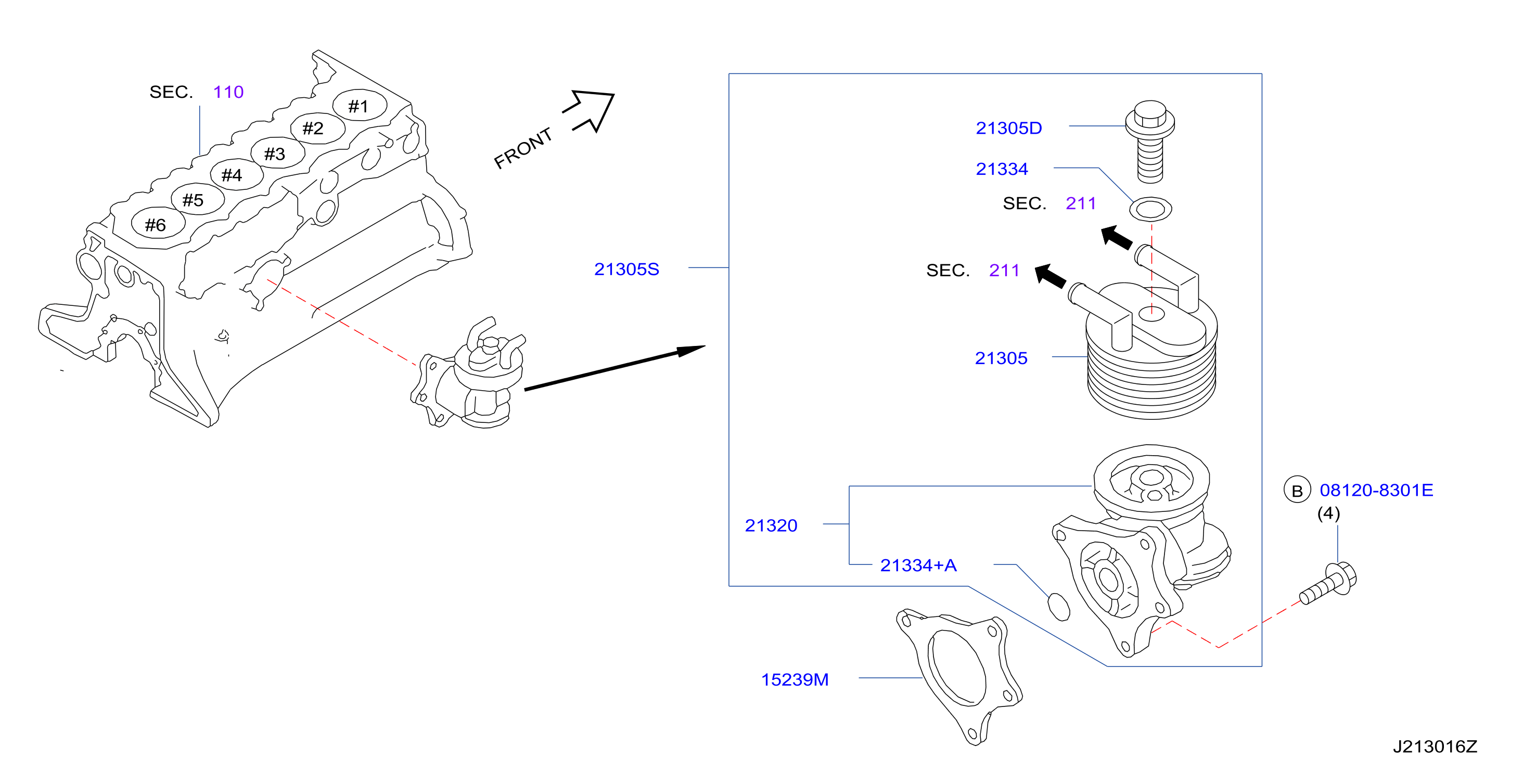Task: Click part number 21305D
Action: point(1008,128)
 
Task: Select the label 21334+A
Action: point(918,565)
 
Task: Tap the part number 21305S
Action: point(626,269)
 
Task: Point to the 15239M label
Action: point(795,679)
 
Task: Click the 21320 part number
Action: point(771,525)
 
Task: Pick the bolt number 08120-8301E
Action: point(1376,490)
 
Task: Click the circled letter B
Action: point(1297,490)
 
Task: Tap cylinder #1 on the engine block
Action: point(359,106)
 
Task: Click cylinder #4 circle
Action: point(236,175)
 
